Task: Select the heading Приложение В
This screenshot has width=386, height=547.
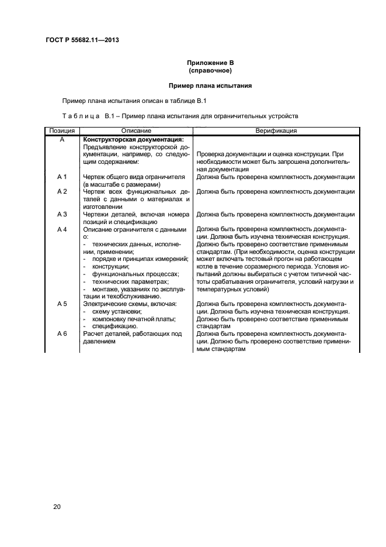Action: coord(210,63)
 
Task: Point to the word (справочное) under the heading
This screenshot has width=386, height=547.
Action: coord(210,71)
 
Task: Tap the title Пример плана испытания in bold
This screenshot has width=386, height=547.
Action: coord(210,85)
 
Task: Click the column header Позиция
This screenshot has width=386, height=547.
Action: coord(62,131)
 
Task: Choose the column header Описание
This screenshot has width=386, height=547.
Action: coord(136,131)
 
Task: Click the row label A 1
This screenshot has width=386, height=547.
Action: coord(62,177)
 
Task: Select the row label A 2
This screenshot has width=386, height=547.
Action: coord(62,191)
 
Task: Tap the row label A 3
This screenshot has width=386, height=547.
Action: coord(62,214)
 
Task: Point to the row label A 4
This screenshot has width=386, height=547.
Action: coord(62,229)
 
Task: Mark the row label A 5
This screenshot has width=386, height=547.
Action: coord(62,304)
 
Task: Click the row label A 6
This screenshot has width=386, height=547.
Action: coord(62,334)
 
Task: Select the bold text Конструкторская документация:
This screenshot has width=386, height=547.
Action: coord(134,139)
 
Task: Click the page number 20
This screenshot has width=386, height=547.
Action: coord(57,507)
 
